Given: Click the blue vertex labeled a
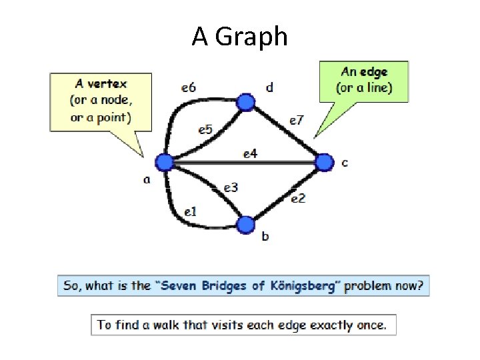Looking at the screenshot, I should (x=164, y=162).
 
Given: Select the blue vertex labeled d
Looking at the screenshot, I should (x=247, y=102).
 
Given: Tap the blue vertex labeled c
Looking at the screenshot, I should (x=323, y=162).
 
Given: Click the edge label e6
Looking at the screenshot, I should (x=189, y=87).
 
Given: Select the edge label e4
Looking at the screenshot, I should (x=250, y=154).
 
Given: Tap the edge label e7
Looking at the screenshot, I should (x=296, y=120).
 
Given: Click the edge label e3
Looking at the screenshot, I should (x=231, y=188).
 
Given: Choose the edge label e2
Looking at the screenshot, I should (x=298, y=197).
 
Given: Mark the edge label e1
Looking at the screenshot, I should (x=190, y=212).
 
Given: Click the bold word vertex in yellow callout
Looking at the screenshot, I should (x=110, y=84).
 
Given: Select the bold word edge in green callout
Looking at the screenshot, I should (x=375, y=72).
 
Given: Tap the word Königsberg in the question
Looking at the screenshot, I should (x=305, y=286).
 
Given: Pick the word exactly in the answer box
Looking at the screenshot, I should (x=324, y=325).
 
